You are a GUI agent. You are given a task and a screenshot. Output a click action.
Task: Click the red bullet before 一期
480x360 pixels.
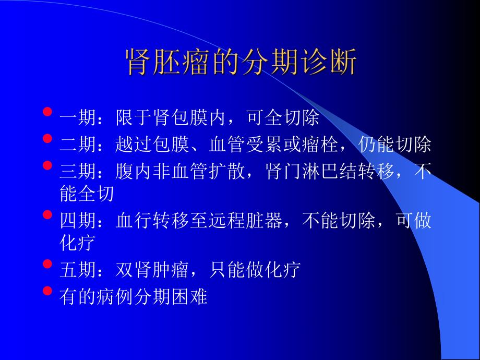coord(48,112)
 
